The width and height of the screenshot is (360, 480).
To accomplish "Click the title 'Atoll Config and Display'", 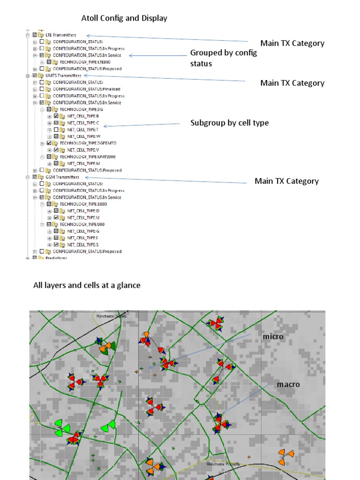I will pyautogui.click(x=124, y=18).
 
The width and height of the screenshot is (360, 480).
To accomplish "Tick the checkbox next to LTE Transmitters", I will pyautogui.click(x=35, y=35).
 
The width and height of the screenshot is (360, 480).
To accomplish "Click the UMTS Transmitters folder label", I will pyautogui.click(x=63, y=75).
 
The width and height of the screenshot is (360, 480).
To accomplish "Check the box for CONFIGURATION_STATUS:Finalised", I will pyautogui.click(x=42, y=89).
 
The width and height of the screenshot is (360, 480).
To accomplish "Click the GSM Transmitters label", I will pyautogui.click(x=62, y=177).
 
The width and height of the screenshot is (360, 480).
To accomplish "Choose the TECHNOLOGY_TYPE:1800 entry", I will pyautogui.click(x=77, y=204).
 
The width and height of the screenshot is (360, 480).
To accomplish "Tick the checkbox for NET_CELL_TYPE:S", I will pyautogui.click(x=56, y=245).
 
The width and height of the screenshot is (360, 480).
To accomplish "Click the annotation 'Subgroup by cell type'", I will pyautogui.click(x=229, y=123).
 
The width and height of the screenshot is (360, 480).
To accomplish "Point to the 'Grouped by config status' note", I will pyautogui.click(x=223, y=58).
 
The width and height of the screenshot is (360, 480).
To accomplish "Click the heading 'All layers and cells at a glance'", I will pyautogui.click(x=87, y=285).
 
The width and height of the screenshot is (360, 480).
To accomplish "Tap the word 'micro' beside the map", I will pyautogui.click(x=273, y=337).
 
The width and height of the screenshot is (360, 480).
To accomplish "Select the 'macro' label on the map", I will pyautogui.click(x=288, y=384).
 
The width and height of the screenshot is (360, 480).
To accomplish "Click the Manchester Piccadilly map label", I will pyautogui.click(x=223, y=464).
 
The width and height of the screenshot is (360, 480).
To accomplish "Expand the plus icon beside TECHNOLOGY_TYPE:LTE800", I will pyautogui.click(x=42, y=62).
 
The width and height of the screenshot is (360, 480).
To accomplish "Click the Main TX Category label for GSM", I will pyautogui.click(x=286, y=181).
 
